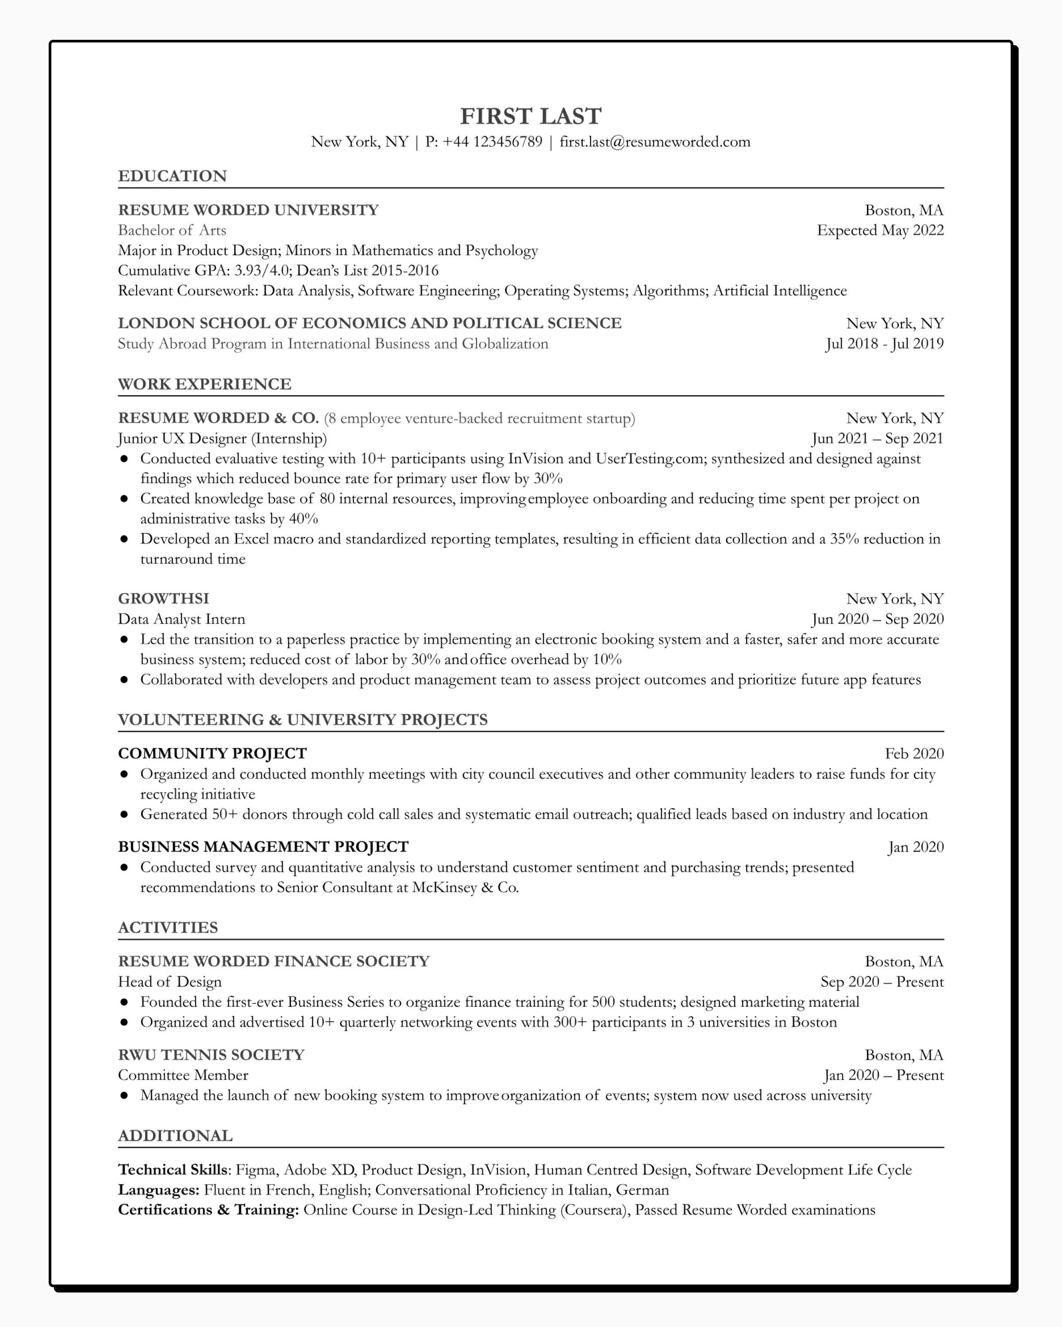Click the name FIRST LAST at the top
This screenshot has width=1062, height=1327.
coord(530,116)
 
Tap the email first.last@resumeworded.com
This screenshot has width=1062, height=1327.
coord(654,142)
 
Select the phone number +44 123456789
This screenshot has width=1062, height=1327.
coord(492,142)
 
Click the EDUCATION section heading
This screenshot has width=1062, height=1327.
coord(173,176)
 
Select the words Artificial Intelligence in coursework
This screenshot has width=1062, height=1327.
coord(779,291)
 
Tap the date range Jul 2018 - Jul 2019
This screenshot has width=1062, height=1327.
coord(884,343)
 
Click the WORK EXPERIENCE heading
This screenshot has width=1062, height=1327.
coord(204,384)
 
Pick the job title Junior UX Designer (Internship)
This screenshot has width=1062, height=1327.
coord(222,438)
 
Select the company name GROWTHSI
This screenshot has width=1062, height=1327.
coord(163,598)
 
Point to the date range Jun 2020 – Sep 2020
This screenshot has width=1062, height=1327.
coord(877,618)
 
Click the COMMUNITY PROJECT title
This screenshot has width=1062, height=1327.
coord(212,753)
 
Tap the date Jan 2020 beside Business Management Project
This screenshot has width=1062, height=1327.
coord(916,847)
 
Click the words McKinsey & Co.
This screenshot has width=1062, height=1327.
coord(466,887)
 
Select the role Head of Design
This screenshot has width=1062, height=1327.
coord(169,981)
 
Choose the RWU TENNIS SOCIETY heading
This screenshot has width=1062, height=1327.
coord(211,1055)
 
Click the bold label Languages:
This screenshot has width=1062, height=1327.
coord(158,1190)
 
